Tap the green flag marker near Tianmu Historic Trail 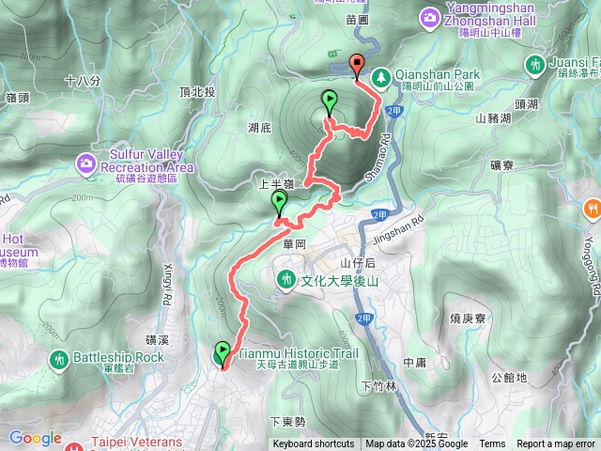point(222,353)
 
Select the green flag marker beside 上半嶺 point(279,203)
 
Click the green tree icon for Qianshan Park point(382,76)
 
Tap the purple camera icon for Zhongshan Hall point(429,16)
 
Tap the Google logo point(36,438)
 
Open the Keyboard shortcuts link point(314,444)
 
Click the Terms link point(492,444)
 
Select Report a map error point(556,444)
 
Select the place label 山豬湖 point(493,118)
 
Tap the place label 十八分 point(83,81)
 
